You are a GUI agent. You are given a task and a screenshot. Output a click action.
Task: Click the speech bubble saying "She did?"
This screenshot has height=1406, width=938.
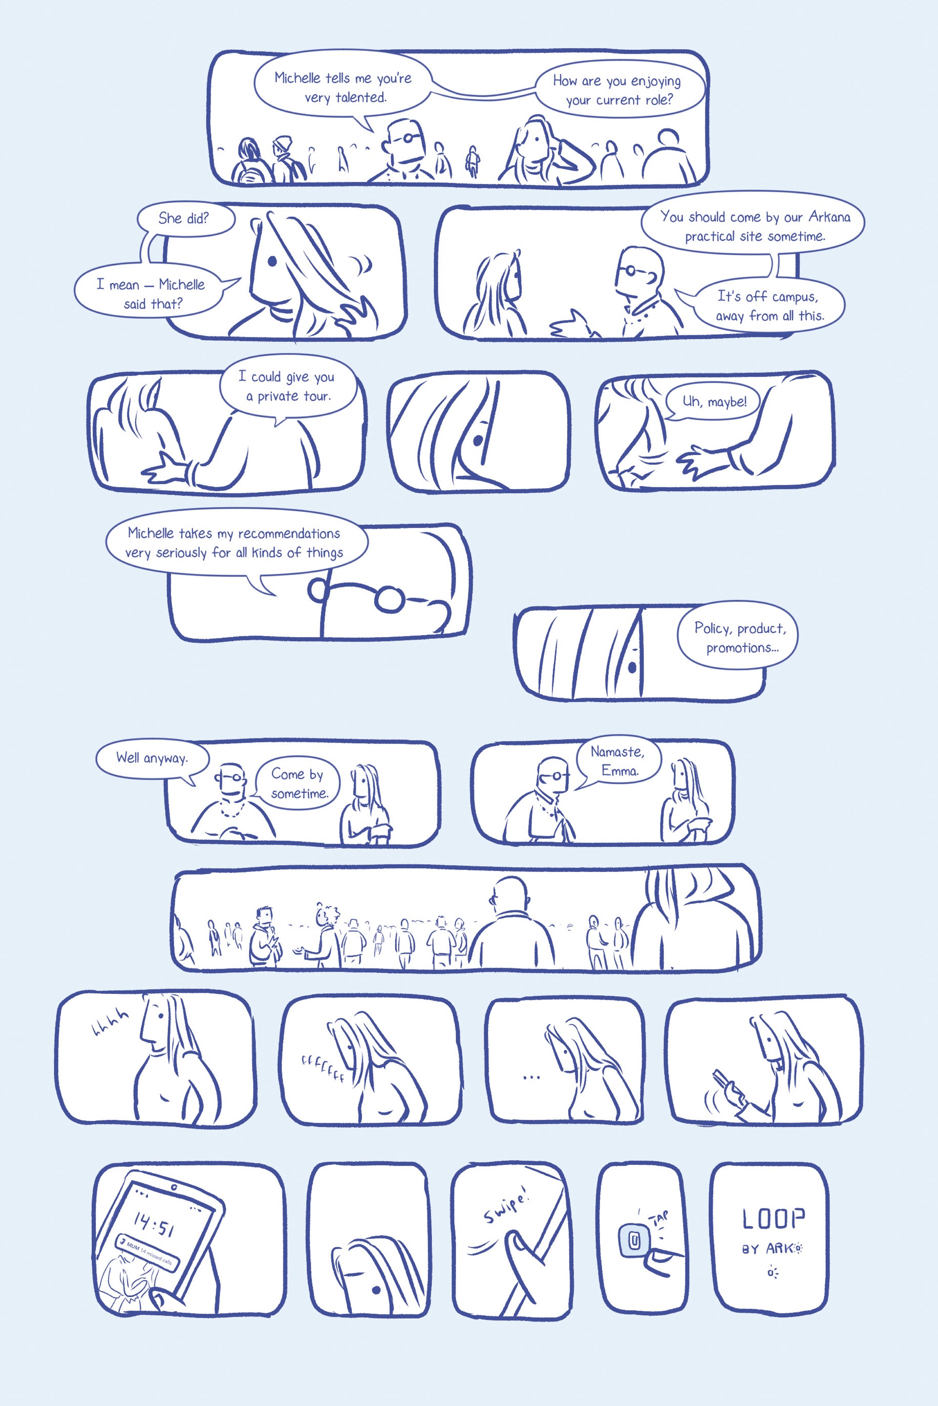click(x=184, y=218)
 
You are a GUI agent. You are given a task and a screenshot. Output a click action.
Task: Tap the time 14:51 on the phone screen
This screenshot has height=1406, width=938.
click(x=154, y=1225)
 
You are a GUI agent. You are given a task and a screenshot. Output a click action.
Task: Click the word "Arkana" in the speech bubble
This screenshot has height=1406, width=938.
click(x=829, y=216)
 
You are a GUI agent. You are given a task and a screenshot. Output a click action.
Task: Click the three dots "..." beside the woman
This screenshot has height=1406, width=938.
click(x=531, y=1077)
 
